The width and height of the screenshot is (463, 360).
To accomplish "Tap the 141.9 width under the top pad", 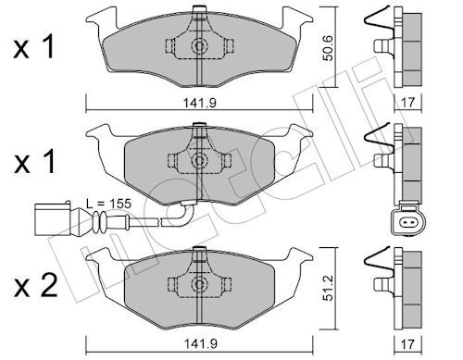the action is coord(200,103).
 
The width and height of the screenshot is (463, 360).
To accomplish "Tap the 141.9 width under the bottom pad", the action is coord(200,343).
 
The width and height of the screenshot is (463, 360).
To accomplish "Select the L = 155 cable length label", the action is coord(108,204).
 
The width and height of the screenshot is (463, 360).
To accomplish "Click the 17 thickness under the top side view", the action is coord(407,103).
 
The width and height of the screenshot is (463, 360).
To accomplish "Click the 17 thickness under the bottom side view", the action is coord(407,343).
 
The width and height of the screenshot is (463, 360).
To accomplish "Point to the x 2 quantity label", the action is coord(35,286).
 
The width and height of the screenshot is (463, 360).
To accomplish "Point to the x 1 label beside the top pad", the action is coord(34,47).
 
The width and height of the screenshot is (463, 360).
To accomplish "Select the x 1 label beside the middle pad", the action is coord(34,161).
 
